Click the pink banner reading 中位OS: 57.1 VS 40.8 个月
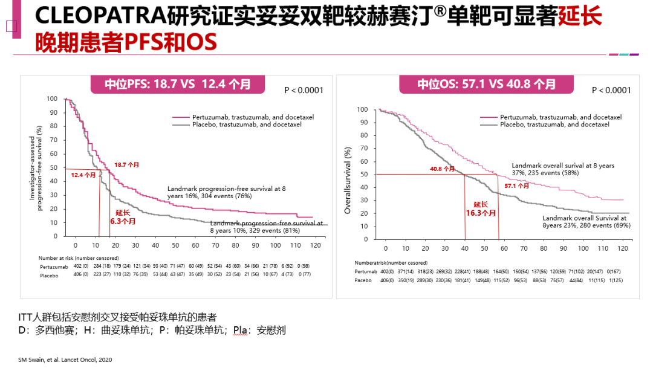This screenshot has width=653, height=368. click(x=486, y=84)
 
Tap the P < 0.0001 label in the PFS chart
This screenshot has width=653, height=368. click(x=304, y=90)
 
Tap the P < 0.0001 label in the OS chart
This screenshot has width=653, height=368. click(x=611, y=90)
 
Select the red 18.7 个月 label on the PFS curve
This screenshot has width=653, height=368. click(x=125, y=164)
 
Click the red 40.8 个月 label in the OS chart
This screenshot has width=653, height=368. click(x=442, y=169)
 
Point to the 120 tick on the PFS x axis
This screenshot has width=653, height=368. click(x=315, y=245)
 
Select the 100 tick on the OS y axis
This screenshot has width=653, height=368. click(x=362, y=109)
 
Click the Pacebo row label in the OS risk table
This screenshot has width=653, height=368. click(x=363, y=280)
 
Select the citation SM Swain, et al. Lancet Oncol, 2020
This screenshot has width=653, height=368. click(x=65, y=360)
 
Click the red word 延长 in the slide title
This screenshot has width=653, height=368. click(x=579, y=17)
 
